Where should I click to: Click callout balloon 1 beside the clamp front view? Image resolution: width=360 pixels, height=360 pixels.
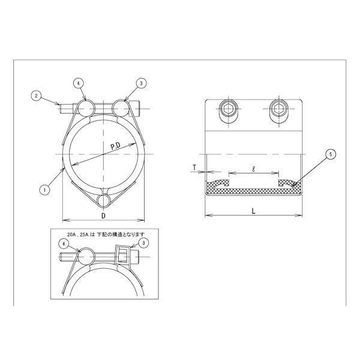pos(45,190)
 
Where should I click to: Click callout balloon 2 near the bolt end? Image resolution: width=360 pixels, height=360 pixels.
pos(36,96)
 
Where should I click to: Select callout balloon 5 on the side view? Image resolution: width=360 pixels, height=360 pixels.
pos(331,155)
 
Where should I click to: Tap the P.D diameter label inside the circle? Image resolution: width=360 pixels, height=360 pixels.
pos(116,146)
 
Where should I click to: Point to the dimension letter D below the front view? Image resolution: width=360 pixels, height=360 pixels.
pos(104,215)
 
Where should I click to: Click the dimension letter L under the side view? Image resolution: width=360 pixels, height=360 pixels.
pos(253,211)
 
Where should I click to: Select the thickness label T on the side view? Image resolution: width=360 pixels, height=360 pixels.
pos(194,168)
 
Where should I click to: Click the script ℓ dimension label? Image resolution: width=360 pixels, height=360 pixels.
pos(253,169)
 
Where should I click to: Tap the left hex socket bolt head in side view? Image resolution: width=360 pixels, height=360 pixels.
pos(229,108)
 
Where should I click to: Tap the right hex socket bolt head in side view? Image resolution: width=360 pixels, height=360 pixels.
pos(279,108)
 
